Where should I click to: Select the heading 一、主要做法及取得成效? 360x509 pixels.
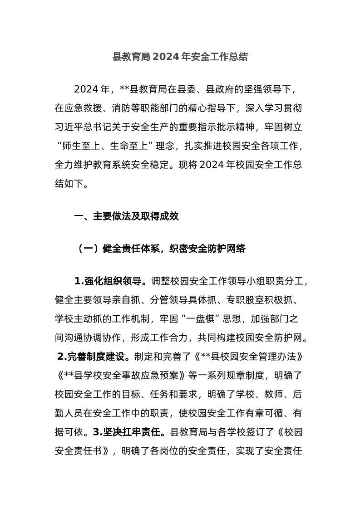pyautogui.click(x=126, y=216)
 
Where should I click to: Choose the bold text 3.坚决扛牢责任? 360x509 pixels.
pyautogui.click(x=129, y=432)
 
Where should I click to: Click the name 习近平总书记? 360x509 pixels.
pyautogui.click(x=84, y=127)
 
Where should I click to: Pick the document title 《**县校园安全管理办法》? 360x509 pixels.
pyautogui.click(x=245, y=357)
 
